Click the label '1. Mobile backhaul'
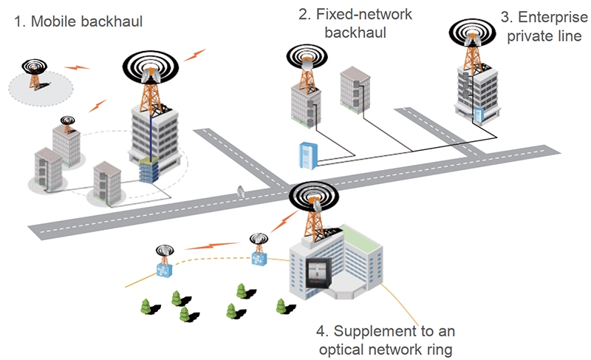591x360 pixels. click(x=78, y=22)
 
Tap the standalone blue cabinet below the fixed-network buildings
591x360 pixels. click(x=306, y=156)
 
